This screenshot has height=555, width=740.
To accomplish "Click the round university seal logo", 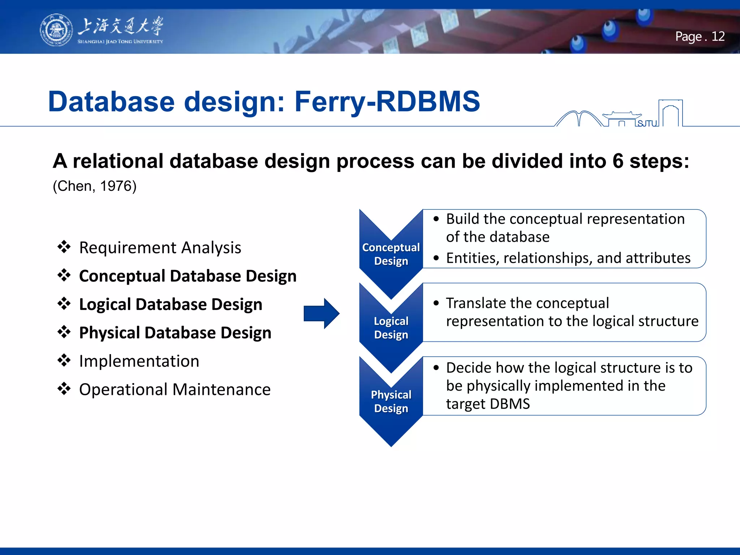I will [56, 30].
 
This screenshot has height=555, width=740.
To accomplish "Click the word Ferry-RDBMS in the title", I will [387, 102].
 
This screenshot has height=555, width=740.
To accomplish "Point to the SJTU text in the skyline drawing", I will [647, 124].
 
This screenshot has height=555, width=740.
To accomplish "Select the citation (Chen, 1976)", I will [95, 186].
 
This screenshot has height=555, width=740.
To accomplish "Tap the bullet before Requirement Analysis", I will [64, 247].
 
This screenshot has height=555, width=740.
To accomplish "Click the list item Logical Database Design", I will [170, 304].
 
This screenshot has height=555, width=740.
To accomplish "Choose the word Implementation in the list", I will [139, 361].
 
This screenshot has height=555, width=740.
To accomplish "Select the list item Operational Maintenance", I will [175, 390].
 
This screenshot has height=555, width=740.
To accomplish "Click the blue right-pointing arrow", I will [321, 313].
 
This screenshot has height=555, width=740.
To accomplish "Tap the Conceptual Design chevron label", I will [391, 254].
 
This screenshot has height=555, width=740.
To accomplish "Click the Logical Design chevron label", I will [391, 328].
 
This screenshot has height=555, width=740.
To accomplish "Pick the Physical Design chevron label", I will [391, 401].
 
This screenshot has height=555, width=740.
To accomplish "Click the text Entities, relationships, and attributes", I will [568, 258].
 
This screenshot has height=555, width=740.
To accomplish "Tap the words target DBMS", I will [488, 404].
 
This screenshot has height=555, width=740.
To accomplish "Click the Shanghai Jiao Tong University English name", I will [120, 42].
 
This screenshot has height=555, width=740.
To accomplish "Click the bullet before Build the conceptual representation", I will [436, 219].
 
